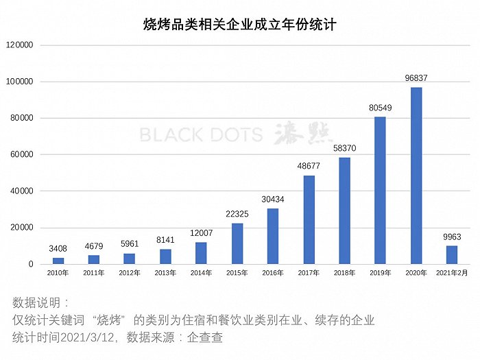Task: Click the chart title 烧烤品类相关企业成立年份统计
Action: (239, 25)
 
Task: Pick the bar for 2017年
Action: (309, 219)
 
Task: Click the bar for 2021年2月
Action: (451, 255)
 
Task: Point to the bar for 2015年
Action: (237, 243)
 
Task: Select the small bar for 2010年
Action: (58, 261)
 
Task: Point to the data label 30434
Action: (273, 200)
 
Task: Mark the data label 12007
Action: (202, 233)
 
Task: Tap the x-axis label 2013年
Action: (165, 273)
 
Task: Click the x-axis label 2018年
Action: (344, 273)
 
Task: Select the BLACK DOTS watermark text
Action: (201, 134)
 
